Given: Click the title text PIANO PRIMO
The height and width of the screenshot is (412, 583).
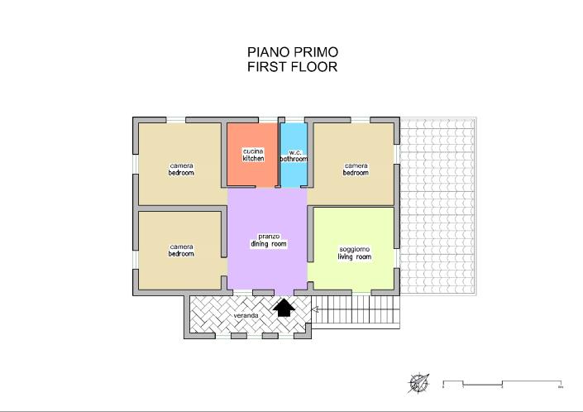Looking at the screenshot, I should point(292,52).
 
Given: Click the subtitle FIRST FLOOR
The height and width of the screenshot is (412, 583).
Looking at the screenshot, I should point(292,67).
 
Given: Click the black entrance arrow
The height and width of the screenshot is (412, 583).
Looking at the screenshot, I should point(284,308).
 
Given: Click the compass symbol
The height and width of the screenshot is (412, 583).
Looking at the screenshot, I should point(420,383).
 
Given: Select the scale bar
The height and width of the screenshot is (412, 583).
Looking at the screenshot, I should point(503,384).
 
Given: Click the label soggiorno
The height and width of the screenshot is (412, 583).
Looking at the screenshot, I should point(354,249).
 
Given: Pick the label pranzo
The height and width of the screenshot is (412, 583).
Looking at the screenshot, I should point(268,237).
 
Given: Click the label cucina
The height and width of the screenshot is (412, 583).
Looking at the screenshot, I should point(253,151).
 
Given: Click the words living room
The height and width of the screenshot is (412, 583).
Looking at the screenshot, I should point(354,257).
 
